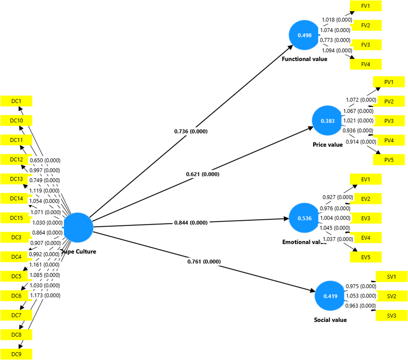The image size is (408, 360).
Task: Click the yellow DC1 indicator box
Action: [16, 101]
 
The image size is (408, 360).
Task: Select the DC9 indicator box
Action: [16, 354]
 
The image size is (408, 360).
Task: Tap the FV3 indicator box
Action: [365, 45]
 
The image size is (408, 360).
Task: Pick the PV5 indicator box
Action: [389, 160]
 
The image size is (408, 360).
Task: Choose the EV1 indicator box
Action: [365, 179]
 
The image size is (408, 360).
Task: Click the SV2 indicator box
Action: [391, 296]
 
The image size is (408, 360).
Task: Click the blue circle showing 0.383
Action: [327, 121]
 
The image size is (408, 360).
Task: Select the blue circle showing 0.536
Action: [304, 218]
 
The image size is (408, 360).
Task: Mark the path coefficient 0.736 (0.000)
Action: [191, 131]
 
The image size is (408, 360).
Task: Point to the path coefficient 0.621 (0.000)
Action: [202, 174]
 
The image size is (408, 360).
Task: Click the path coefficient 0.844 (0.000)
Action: [191, 223]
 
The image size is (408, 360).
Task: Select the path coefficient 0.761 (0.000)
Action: [204, 261]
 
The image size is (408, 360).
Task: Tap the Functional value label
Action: [304, 59]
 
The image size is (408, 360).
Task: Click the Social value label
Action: [330, 320]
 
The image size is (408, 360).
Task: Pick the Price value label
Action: [327, 145]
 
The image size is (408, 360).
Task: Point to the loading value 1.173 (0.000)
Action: [45, 295]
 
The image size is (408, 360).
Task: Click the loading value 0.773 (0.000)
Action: [336, 40]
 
